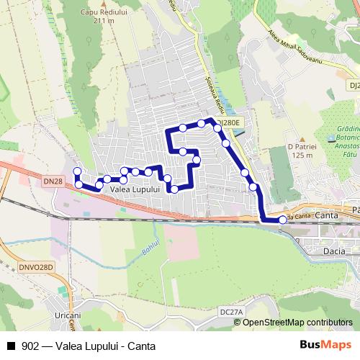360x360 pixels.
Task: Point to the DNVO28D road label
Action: [36, 267]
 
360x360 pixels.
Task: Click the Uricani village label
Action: [68, 315]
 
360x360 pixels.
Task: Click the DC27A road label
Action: [233, 311]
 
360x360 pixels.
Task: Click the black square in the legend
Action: [11, 346]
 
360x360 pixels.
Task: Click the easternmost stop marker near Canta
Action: [282, 221]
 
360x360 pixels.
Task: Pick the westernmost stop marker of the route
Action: [77, 171]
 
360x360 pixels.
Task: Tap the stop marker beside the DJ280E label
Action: [217, 127]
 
